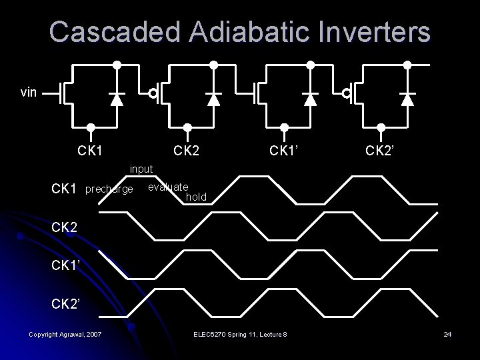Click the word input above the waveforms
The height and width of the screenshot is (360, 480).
pos(142,169)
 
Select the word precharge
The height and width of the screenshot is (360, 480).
pos(109,190)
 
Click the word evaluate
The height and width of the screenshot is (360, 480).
pos(168,187)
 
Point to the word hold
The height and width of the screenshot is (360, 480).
pos(197,197)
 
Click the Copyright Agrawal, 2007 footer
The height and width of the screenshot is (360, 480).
pos(65,333)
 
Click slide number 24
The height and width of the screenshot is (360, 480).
pos(447,333)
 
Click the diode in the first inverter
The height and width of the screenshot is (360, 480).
pos(117,99)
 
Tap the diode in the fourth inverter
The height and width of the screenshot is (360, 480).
pos(407,99)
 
